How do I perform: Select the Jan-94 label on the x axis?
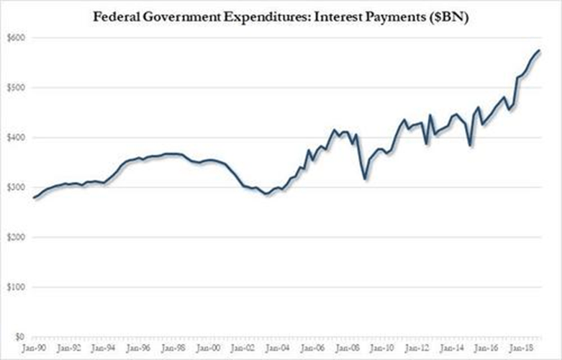coord(105,348)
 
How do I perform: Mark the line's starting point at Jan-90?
coord(34,197)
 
